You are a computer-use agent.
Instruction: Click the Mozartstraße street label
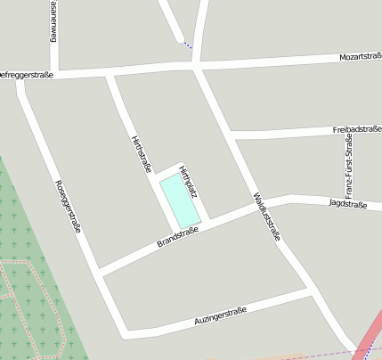[x=360, y=57]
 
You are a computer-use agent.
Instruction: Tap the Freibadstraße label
[x=356, y=129]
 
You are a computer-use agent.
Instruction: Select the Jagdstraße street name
[x=347, y=204]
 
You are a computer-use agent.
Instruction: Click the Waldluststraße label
[x=266, y=217]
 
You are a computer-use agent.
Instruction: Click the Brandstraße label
[x=177, y=236]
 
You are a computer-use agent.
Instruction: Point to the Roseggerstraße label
[x=68, y=206]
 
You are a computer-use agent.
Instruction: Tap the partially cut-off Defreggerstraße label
[x=27, y=75]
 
